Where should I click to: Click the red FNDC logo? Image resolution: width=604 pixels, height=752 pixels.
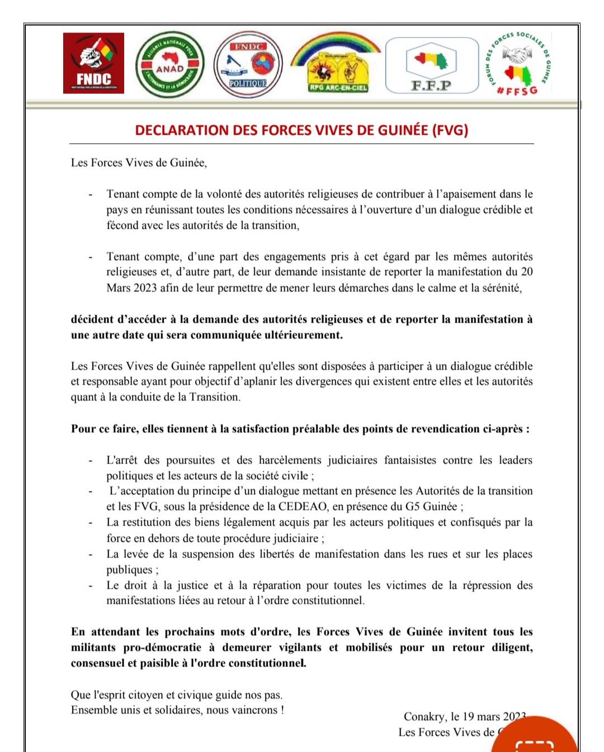[x=93, y=63]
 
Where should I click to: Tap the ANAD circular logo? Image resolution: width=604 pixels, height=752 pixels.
[x=170, y=65]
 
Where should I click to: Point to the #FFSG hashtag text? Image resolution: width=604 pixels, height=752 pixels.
[x=517, y=90]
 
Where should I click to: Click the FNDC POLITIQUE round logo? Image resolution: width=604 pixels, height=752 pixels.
[x=248, y=65]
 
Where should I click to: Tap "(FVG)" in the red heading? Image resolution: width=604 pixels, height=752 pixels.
[x=450, y=130]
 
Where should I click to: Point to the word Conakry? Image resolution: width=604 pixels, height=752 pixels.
[x=425, y=717]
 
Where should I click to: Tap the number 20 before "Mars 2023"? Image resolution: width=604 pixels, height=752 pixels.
[x=526, y=272]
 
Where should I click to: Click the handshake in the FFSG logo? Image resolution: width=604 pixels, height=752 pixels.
[x=516, y=54]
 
